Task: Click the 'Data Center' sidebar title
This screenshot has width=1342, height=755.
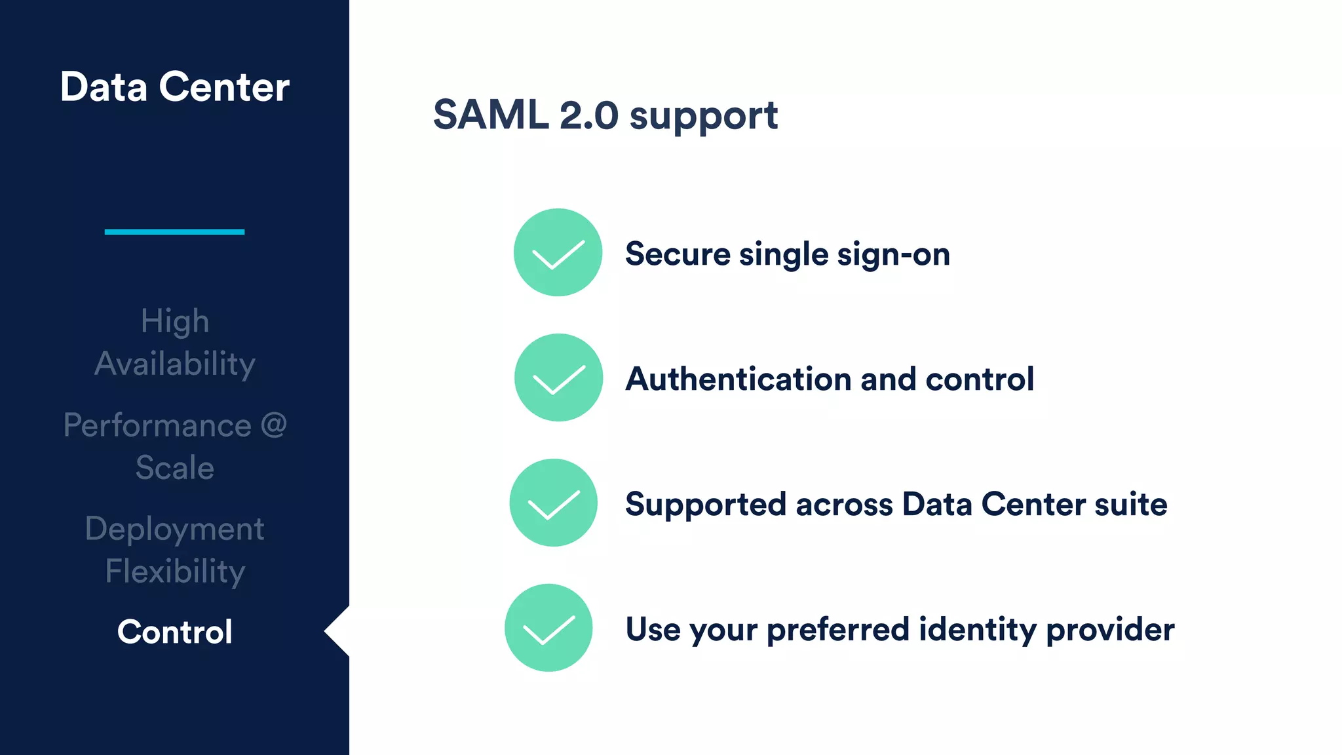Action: click(x=174, y=87)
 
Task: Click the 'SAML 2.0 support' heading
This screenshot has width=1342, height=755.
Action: click(x=605, y=115)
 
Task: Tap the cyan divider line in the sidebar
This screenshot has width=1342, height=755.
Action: click(x=174, y=231)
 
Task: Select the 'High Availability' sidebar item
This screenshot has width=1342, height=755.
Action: click(x=175, y=342)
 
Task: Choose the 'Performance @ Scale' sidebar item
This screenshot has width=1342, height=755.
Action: click(x=175, y=446)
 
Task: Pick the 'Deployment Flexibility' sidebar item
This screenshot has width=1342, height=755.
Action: click(x=175, y=550)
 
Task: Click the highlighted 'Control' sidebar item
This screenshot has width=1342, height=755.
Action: click(x=175, y=632)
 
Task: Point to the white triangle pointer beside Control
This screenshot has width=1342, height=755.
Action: click(x=339, y=631)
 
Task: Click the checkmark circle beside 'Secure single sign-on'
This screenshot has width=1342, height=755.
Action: click(x=558, y=252)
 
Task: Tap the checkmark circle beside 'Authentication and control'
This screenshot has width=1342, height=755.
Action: click(x=558, y=377)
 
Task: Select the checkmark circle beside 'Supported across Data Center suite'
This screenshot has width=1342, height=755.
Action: click(x=554, y=503)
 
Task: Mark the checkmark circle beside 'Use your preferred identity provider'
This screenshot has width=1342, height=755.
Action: click(x=548, y=628)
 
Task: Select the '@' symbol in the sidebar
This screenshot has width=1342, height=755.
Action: click(x=274, y=425)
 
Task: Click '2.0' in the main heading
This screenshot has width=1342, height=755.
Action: click(x=588, y=115)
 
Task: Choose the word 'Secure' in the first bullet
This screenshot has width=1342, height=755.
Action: click(x=678, y=254)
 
